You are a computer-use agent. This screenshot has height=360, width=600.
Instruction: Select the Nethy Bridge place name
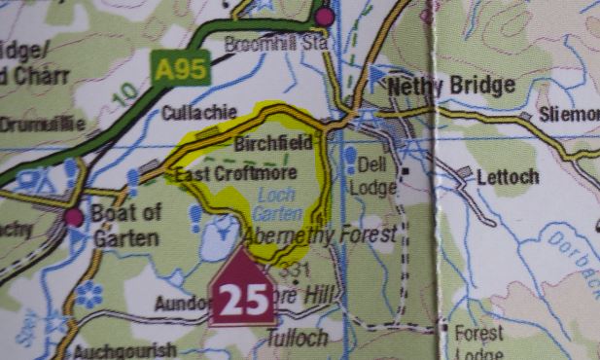click(x=450, y=87)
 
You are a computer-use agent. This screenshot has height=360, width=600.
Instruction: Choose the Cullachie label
click(x=197, y=112)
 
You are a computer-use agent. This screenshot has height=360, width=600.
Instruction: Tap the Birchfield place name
click(x=274, y=143)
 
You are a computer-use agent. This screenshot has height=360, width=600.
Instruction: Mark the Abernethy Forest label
click(x=321, y=235)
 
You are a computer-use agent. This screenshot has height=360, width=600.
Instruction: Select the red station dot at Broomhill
click(x=324, y=17)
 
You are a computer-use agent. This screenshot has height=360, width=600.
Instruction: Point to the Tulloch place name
click(x=296, y=338)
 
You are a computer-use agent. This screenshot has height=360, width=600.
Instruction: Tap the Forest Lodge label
click(x=479, y=342)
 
